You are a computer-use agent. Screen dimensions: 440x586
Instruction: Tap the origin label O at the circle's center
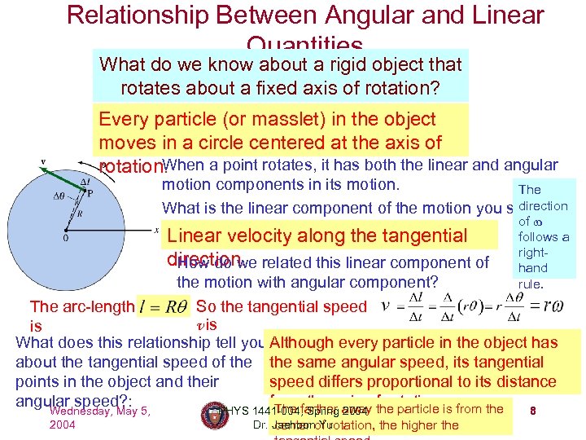[x=64, y=240]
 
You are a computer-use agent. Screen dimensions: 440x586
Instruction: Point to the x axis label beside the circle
[x=156, y=230]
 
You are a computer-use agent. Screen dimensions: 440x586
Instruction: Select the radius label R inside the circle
[x=79, y=214]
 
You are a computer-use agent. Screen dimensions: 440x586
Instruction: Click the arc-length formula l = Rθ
[x=165, y=307]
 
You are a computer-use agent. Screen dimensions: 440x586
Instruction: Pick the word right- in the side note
[x=532, y=253]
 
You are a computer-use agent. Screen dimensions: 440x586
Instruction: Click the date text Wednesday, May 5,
[x=100, y=411]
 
